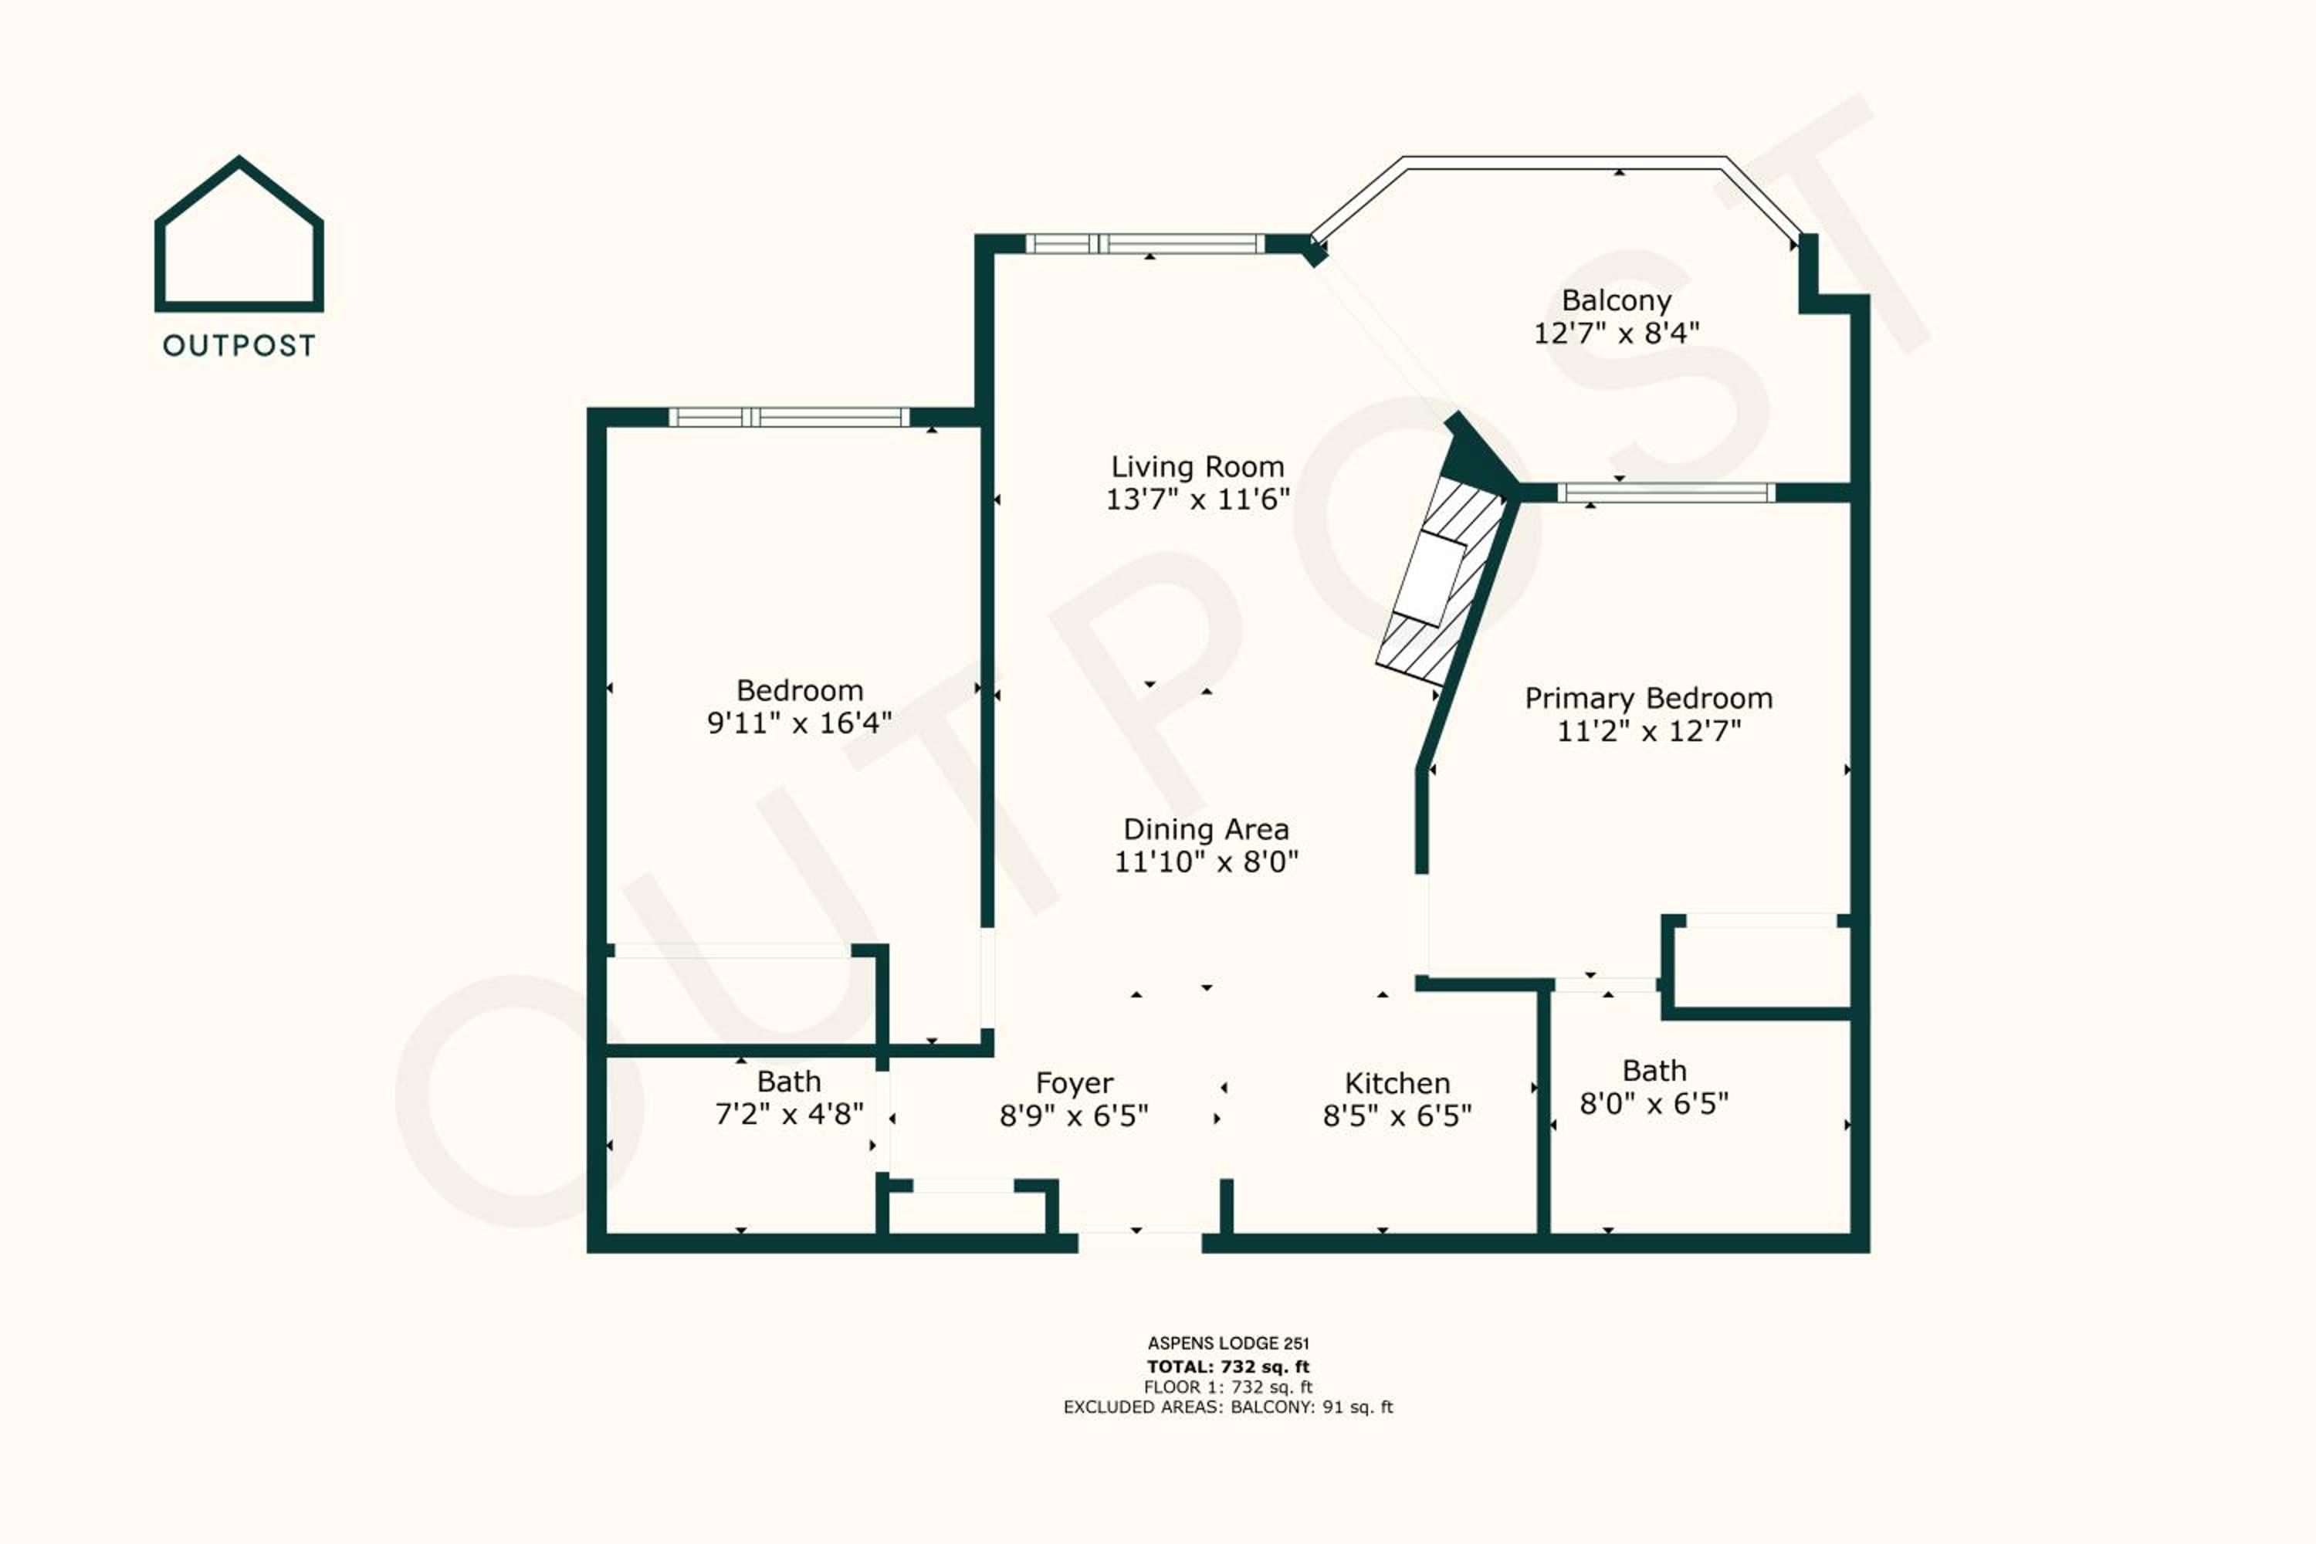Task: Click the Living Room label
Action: point(1197,467)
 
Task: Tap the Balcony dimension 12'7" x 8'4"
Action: point(1616,333)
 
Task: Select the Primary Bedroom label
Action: point(1648,698)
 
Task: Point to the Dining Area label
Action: point(1206,829)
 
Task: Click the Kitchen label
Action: point(1397,1083)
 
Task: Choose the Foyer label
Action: point(1075,1083)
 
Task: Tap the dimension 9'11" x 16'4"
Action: point(800,723)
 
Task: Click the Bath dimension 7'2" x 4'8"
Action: point(789,1114)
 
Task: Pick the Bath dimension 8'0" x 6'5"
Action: point(1654,1103)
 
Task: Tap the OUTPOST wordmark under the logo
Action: point(239,346)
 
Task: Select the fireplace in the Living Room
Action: point(1443,581)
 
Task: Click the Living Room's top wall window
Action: point(1144,244)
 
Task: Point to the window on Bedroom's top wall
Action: point(789,418)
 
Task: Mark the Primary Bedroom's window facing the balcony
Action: point(1666,493)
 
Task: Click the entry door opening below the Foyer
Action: point(1139,1241)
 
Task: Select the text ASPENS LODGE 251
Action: point(1228,1343)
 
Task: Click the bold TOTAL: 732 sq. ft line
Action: point(1228,1366)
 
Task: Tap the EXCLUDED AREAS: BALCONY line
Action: point(1228,1407)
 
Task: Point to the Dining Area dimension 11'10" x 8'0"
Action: point(1206,862)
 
